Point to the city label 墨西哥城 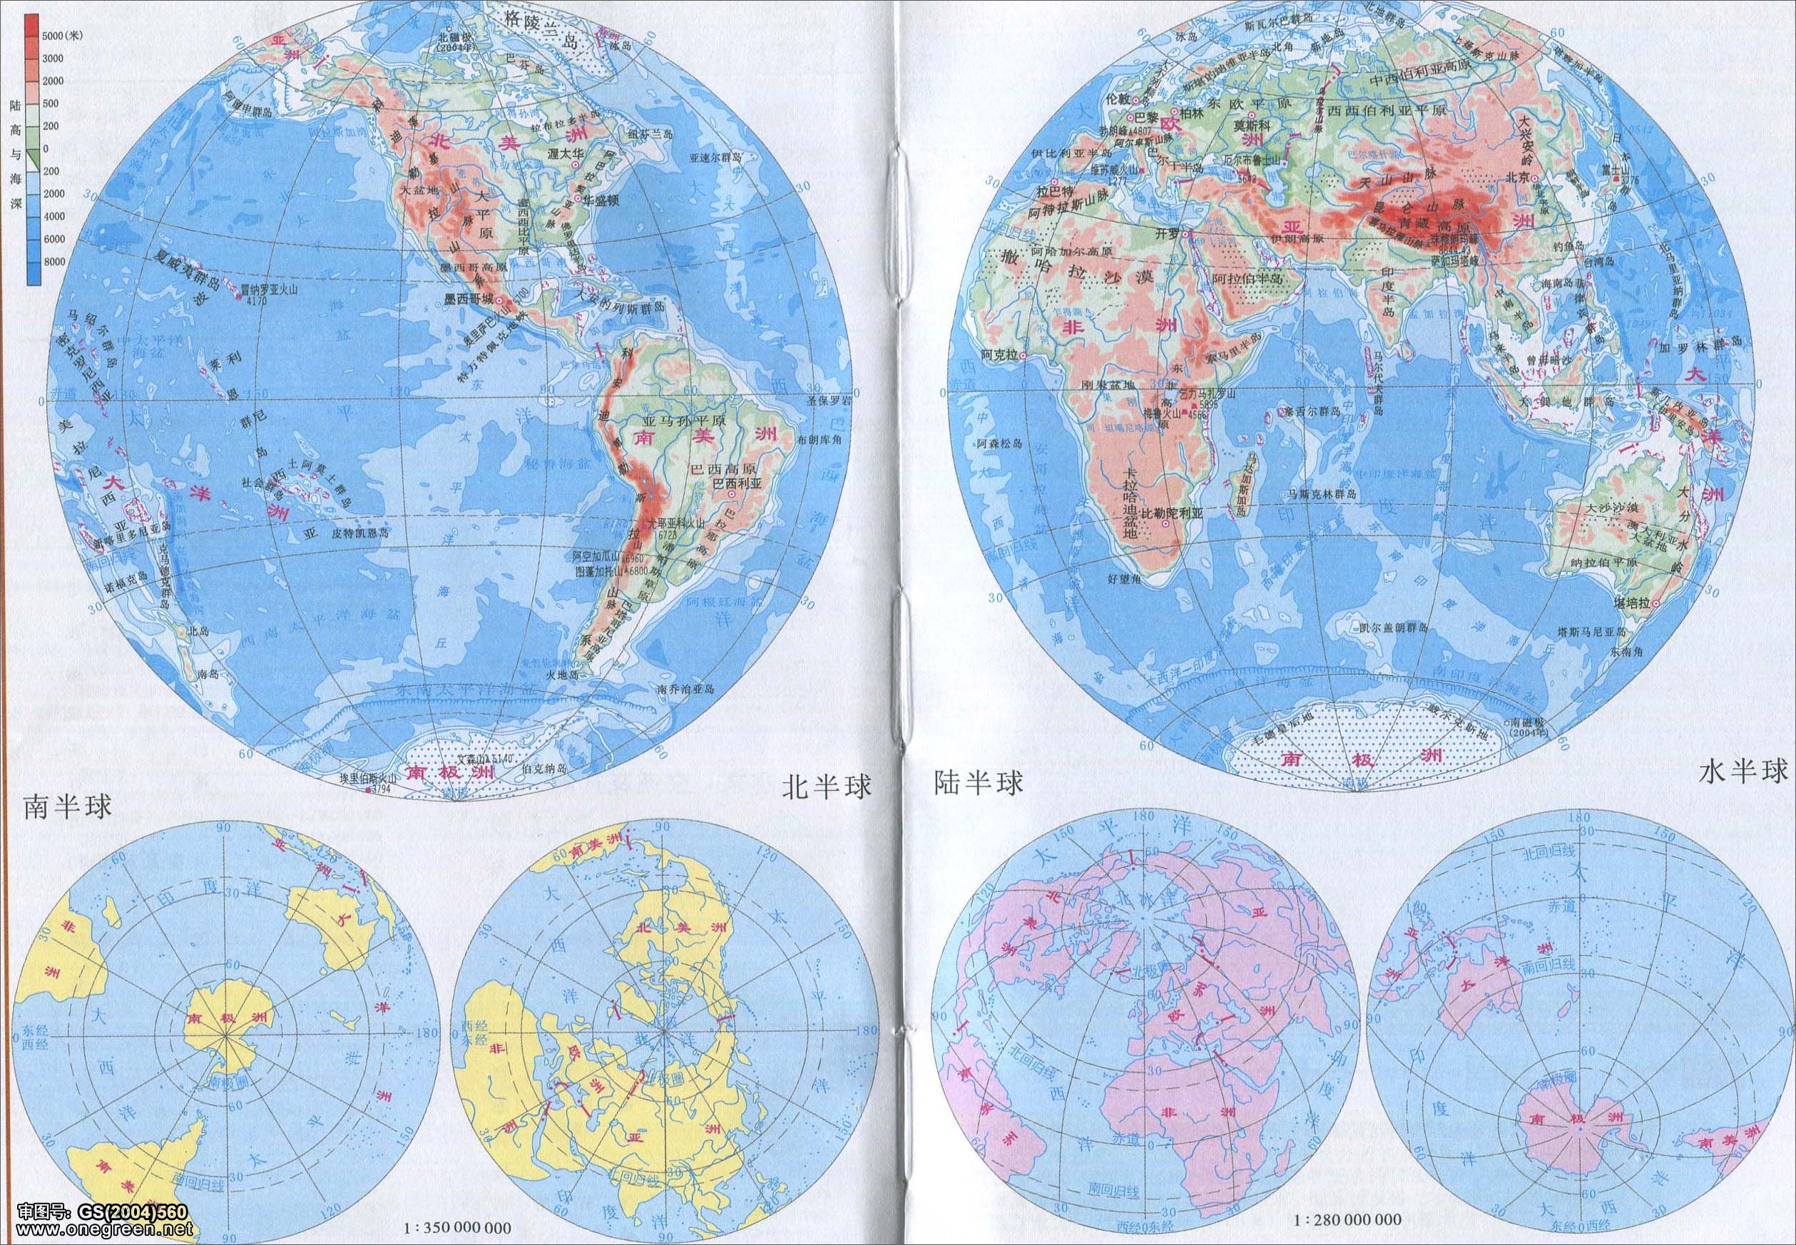[469, 299]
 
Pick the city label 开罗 [1170, 234]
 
